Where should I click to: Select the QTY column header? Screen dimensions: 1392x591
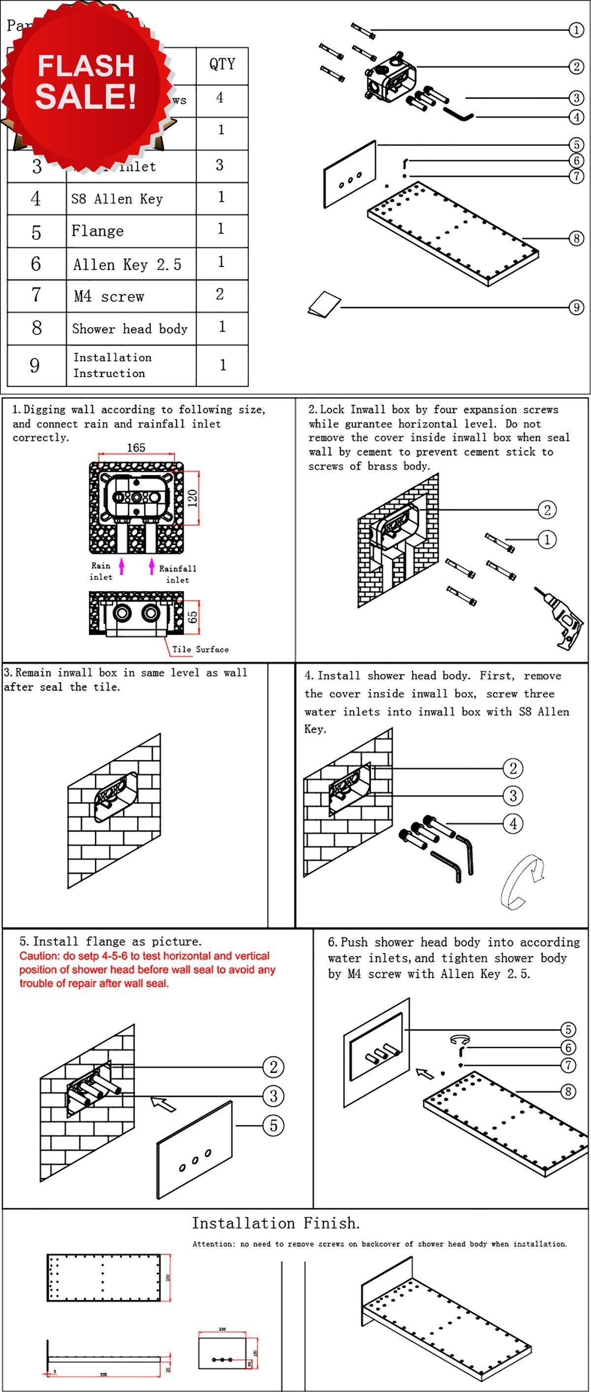click(222, 65)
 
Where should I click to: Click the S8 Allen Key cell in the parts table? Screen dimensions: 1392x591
click(117, 199)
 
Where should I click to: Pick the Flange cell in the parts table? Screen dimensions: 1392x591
click(98, 232)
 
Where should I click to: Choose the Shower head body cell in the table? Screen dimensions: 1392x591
click(130, 329)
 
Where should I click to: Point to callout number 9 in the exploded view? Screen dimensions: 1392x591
click(576, 307)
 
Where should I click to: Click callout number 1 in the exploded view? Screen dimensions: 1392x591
click(576, 30)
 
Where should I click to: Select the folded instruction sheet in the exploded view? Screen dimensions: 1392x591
click(324, 304)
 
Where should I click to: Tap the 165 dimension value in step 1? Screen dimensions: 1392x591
click(136, 447)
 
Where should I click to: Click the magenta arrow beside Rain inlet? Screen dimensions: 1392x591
click(122, 566)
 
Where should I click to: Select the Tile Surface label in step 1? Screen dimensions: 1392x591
click(200, 649)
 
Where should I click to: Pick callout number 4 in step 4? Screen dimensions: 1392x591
click(513, 824)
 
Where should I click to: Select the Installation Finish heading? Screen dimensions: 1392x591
click(275, 1223)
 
